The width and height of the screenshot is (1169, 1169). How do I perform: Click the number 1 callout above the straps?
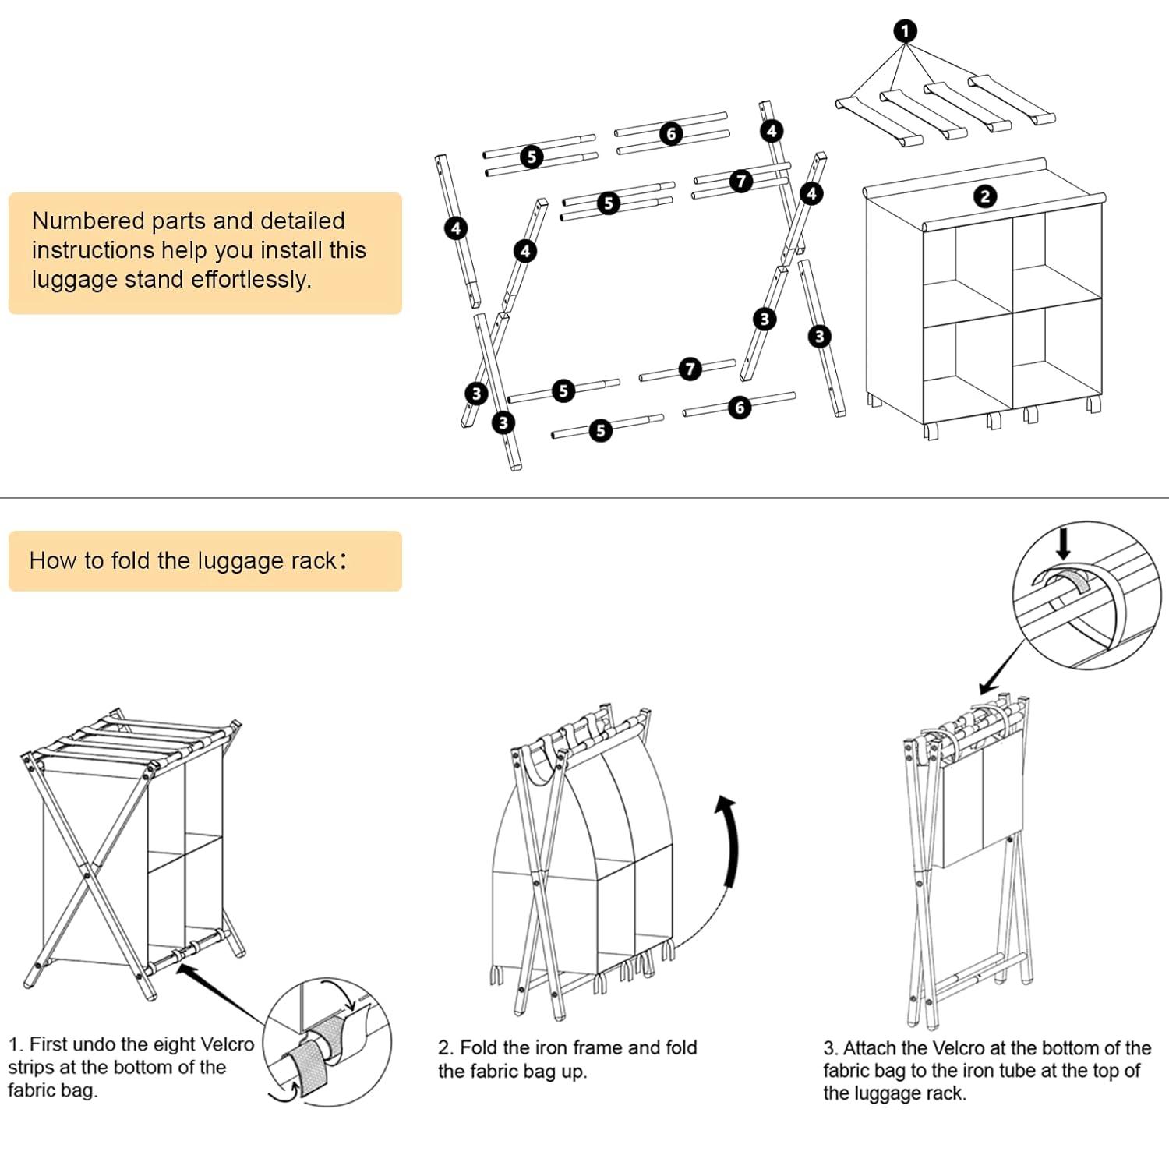905,31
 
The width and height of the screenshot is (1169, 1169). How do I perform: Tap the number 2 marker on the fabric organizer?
985,196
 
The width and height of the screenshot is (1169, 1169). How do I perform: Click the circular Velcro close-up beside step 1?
327,1041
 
